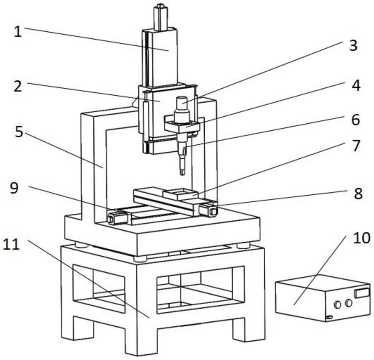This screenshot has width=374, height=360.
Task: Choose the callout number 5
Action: pos(18,132)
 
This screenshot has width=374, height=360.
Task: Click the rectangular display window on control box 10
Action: pos(361,293)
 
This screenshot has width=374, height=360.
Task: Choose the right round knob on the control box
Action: pos(348,304)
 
